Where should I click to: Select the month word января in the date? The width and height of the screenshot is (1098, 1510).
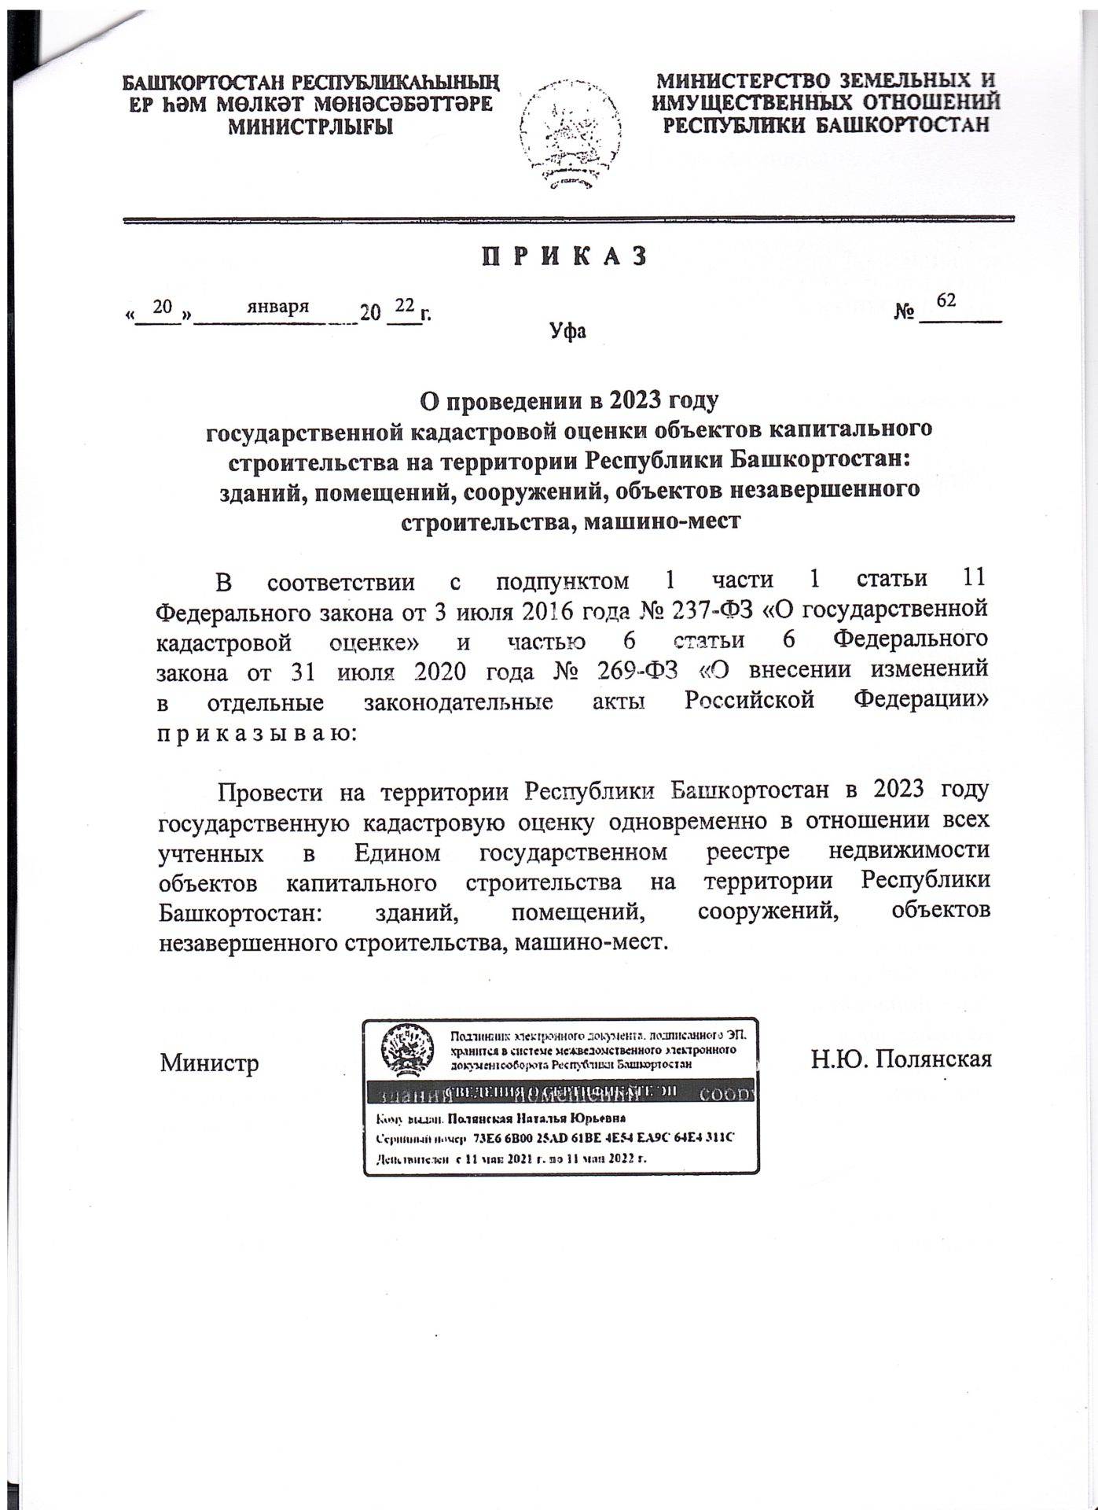point(277,307)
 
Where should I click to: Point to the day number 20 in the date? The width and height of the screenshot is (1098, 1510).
point(162,307)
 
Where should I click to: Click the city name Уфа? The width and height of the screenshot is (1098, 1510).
point(567,331)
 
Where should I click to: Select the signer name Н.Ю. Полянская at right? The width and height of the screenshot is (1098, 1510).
point(902,1059)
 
